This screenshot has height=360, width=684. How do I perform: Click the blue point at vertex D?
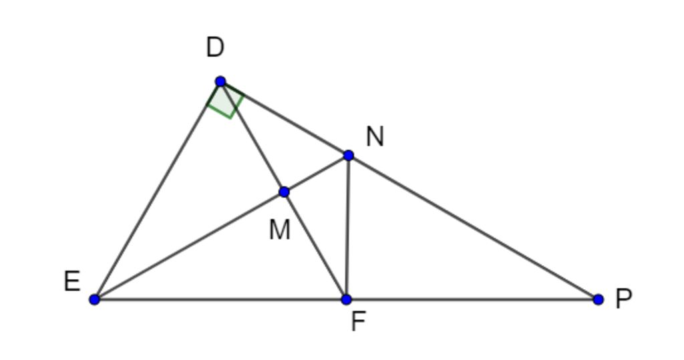coord(220,81)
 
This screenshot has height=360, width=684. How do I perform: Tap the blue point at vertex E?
coord(94,299)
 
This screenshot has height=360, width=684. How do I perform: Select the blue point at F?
coord(346,299)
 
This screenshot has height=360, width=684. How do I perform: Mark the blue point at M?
coord(284,192)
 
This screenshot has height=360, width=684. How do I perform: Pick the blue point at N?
coord(348,156)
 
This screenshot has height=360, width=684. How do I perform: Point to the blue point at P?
coord(598,299)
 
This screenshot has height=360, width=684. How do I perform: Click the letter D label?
coord(215,48)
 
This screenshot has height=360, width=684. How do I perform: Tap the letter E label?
coord(72,282)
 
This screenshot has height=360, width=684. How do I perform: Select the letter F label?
coord(358,322)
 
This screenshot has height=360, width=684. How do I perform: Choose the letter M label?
coord(279,230)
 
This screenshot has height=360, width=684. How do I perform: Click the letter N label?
coord(375,137)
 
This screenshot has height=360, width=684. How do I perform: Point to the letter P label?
coord(623,299)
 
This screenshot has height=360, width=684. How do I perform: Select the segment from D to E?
coord(157,191)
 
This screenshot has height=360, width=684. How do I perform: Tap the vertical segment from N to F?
coord(347,227)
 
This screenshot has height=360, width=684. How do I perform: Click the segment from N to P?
coord(473,227)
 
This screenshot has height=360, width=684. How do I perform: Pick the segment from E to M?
coord(189,246)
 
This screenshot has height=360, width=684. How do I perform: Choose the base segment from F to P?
coord(472,299)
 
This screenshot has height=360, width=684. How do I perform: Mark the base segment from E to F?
coord(220,299)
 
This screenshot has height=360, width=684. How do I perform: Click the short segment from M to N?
coord(316,174)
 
